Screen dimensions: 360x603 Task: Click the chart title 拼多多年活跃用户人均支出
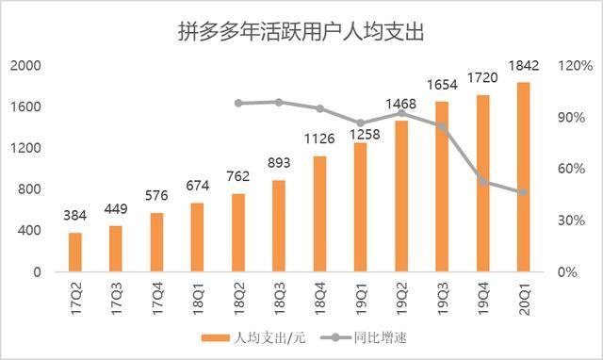tap(301, 31)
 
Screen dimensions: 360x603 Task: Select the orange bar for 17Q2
tap(75, 252)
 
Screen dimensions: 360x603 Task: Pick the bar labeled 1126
tap(319, 214)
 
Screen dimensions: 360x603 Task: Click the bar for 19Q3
tap(442, 187)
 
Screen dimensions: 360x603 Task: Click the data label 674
tap(198, 185)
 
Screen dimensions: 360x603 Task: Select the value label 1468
tap(401, 104)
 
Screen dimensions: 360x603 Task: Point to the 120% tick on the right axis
tap(574, 65)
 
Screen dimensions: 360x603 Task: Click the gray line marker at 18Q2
tap(238, 103)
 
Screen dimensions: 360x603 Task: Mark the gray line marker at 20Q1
tap(524, 192)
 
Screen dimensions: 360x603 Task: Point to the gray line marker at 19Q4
tap(483, 181)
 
